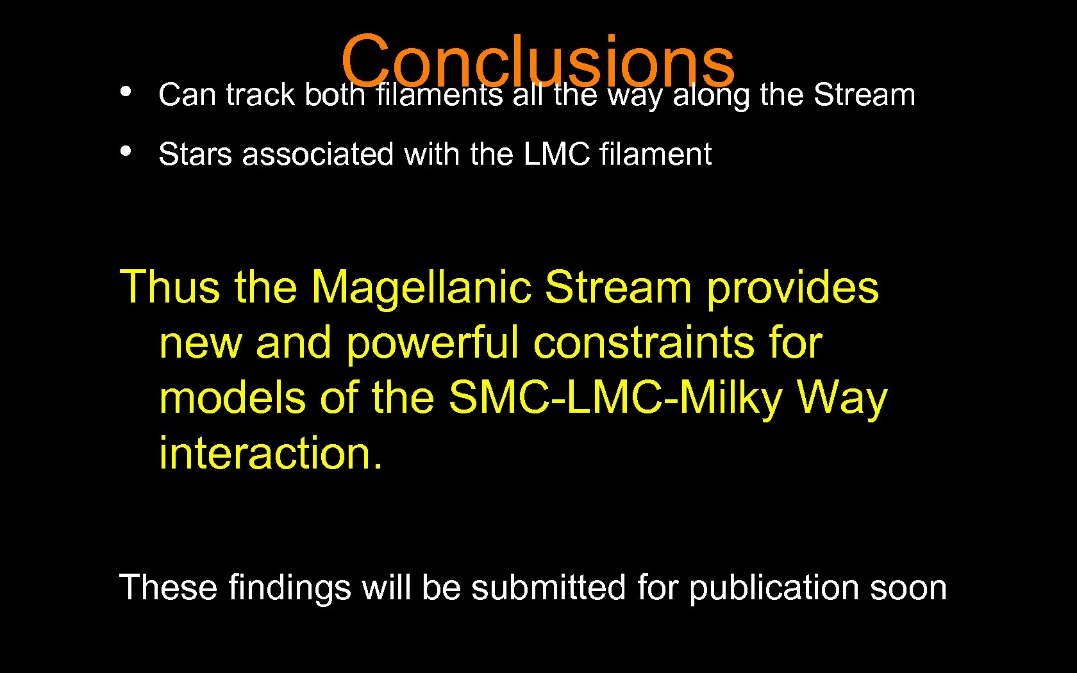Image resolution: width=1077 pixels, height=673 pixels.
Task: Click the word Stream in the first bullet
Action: [x=864, y=95]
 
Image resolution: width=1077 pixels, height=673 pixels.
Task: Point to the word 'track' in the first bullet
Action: [x=260, y=95]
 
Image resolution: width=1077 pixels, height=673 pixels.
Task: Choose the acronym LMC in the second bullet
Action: [x=556, y=154]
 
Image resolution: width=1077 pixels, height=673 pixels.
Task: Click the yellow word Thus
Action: [x=170, y=287]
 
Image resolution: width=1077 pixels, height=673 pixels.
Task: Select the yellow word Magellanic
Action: [x=421, y=287]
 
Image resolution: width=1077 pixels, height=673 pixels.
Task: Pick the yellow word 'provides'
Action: [x=792, y=287]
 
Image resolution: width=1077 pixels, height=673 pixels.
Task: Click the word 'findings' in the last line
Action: [x=290, y=588]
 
